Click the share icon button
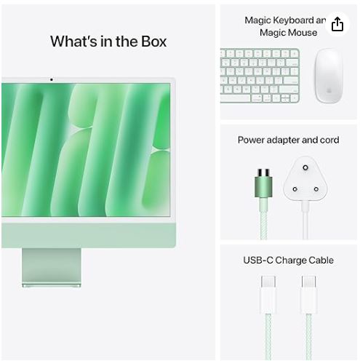[337, 25]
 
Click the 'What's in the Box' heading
[108, 41]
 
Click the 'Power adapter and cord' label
[288, 140]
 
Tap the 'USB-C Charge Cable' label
[288, 260]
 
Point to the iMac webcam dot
[51, 79]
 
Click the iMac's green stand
[51, 263]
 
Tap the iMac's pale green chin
[87, 232]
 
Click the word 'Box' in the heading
[152, 41]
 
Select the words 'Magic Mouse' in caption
[290, 33]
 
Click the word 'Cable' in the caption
[319, 260]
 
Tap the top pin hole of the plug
[302, 170]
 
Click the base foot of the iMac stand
[51, 284]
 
